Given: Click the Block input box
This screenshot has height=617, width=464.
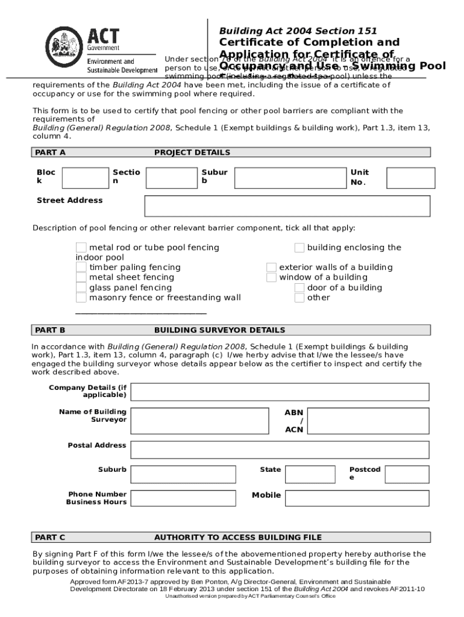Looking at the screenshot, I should click(x=86, y=178).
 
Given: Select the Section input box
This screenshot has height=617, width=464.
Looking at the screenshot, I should click(x=171, y=178).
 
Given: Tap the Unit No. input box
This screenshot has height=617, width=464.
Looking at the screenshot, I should click(x=411, y=178).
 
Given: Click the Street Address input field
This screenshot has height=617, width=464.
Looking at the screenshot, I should click(x=287, y=206).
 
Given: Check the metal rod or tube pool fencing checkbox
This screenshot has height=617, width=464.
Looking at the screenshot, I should click(x=81, y=248).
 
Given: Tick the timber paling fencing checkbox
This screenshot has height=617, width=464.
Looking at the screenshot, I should click(x=81, y=268).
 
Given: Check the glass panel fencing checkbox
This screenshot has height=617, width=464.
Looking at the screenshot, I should click(x=81, y=288).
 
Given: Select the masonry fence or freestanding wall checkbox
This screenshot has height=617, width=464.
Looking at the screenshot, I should click(x=81, y=298).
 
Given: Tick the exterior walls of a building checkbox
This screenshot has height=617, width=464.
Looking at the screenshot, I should click(x=271, y=268).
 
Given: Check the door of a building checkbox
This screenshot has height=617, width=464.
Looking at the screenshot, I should click(x=299, y=288).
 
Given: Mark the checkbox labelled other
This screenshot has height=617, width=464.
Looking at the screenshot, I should click(x=299, y=298).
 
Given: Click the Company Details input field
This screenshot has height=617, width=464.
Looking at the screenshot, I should click(x=280, y=392).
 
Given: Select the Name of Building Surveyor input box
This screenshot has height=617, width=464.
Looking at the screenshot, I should click(x=198, y=421).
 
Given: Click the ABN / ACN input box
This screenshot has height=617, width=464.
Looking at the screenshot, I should click(x=368, y=421).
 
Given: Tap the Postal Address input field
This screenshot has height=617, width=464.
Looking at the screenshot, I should click(x=280, y=449).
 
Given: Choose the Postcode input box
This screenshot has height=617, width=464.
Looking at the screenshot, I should click(x=407, y=474).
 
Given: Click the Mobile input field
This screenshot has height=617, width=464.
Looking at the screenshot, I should click(x=357, y=498).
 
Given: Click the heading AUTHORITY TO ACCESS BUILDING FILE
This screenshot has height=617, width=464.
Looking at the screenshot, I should click(x=238, y=537).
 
